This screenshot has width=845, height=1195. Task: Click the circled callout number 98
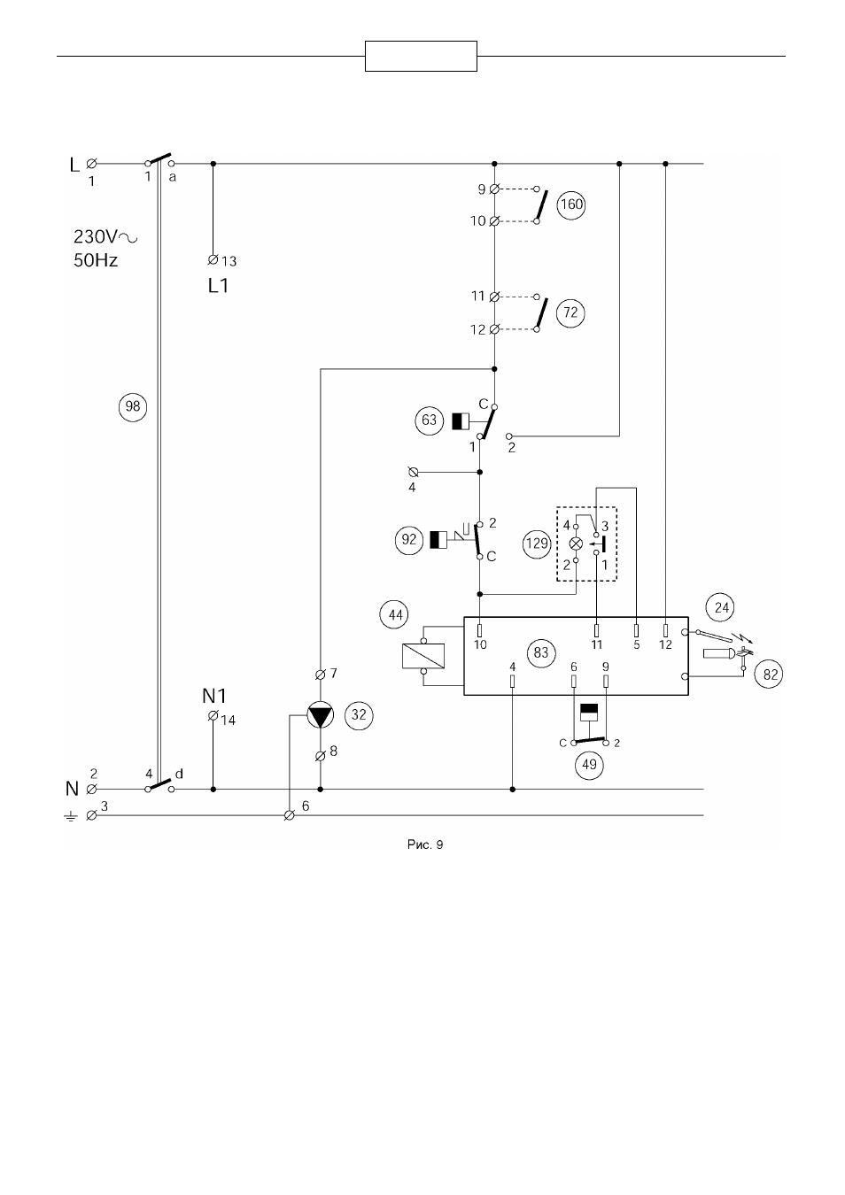pyautogui.click(x=132, y=407)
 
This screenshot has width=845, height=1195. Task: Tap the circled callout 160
pyautogui.click(x=570, y=204)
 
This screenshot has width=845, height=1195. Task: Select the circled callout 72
pyautogui.click(x=570, y=312)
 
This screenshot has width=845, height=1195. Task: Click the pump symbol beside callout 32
pyautogui.click(x=321, y=715)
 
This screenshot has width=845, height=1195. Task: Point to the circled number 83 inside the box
pyautogui.click(x=540, y=652)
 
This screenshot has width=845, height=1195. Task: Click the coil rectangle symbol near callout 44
pyautogui.click(x=423, y=656)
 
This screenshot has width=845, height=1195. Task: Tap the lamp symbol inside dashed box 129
pyautogui.click(x=576, y=544)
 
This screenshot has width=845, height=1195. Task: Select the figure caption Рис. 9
pyautogui.click(x=425, y=844)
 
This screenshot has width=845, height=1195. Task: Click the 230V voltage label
pyautogui.click(x=105, y=236)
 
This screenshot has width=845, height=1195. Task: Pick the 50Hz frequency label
pyautogui.click(x=96, y=260)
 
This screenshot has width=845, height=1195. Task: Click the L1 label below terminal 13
pyautogui.click(x=218, y=286)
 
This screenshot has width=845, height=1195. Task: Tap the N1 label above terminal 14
pyautogui.click(x=214, y=696)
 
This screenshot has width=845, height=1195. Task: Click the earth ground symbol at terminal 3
pyautogui.click(x=70, y=816)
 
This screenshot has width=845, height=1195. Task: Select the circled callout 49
pyautogui.click(x=589, y=765)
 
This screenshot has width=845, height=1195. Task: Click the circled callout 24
pyautogui.click(x=721, y=607)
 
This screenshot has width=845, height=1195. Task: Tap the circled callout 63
pyautogui.click(x=430, y=420)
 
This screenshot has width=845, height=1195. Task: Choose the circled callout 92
pyautogui.click(x=409, y=540)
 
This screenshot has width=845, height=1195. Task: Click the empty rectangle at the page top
pyautogui.click(x=421, y=56)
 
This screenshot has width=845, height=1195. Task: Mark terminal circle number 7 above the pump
pyautogui.click(x=321, y=675)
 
